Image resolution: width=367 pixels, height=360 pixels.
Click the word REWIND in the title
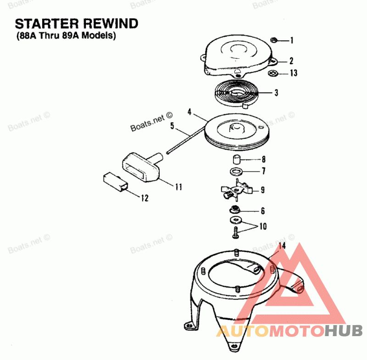(111, 24)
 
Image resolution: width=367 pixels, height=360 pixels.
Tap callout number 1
(292, 40)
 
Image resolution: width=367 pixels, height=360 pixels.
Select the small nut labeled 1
(273, 40)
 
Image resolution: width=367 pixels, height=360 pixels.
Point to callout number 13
(294, 73)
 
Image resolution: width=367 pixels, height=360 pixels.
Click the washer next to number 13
(272, 73)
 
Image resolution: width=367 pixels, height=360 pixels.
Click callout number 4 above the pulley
(189, 112)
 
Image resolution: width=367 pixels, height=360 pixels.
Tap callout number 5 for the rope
(172, 126)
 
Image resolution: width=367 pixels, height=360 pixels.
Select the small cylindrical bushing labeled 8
(236, 159)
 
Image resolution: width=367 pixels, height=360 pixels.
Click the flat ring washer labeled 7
(236, 172)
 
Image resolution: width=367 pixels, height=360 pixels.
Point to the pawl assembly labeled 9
(236, 190)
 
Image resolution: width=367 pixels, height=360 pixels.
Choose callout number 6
(263, 211)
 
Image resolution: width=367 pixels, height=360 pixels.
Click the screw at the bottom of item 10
(236, 233)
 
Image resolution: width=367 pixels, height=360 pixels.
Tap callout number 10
(263, 226)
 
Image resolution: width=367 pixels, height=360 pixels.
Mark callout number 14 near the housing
(282, 246)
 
